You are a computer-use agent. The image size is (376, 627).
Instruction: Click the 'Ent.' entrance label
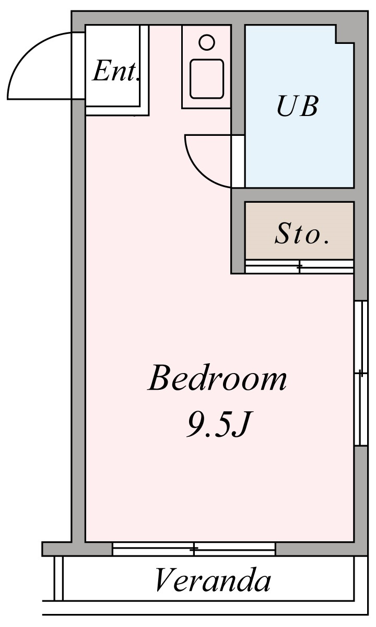(116, 71)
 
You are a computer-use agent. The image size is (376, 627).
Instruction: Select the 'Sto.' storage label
(302, 233)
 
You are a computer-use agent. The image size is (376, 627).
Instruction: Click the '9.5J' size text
(217, 424)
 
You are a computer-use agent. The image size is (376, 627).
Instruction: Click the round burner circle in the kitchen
(207, 42)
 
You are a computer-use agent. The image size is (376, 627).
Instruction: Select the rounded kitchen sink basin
(207, 79)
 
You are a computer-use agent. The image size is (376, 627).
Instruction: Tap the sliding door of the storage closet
(299, 267)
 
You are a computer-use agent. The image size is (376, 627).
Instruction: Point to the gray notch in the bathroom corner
(345, 34)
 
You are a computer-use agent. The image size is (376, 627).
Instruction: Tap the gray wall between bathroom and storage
(293, 195)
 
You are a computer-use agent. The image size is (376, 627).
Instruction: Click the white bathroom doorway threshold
(238, 161)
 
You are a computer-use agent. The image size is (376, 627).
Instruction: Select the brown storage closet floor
(299, 231)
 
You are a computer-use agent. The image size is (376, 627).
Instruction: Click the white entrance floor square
(112, 66)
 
